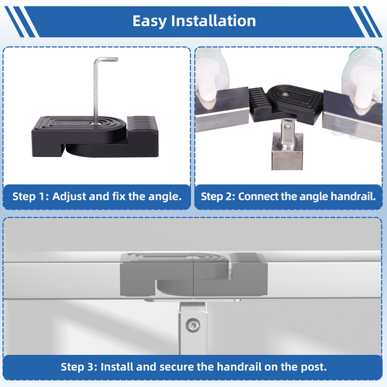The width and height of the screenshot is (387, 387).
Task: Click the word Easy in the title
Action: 149,21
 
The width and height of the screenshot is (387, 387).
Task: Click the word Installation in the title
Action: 213,20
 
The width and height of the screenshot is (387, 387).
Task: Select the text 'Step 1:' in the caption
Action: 30,197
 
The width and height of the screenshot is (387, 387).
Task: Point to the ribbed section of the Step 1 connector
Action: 143,123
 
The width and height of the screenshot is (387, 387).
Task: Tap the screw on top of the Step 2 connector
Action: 286,94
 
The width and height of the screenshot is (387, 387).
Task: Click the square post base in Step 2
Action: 287,151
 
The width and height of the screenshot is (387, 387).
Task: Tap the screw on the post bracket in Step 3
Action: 192,326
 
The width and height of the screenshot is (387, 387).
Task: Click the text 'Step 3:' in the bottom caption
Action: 79,367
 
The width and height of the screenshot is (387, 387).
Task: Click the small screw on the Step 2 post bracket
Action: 288,127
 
